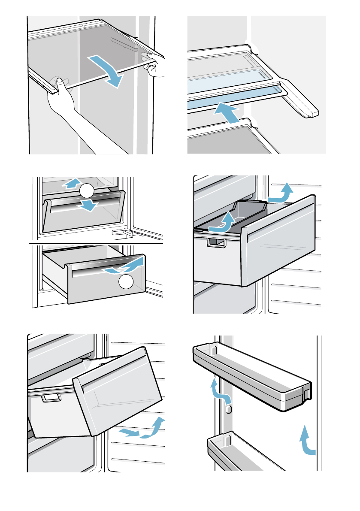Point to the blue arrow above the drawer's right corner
tap(281, 193)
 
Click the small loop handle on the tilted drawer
tap(51, 399)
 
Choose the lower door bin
tap(245, 453)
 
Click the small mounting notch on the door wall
tap(228, 407)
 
